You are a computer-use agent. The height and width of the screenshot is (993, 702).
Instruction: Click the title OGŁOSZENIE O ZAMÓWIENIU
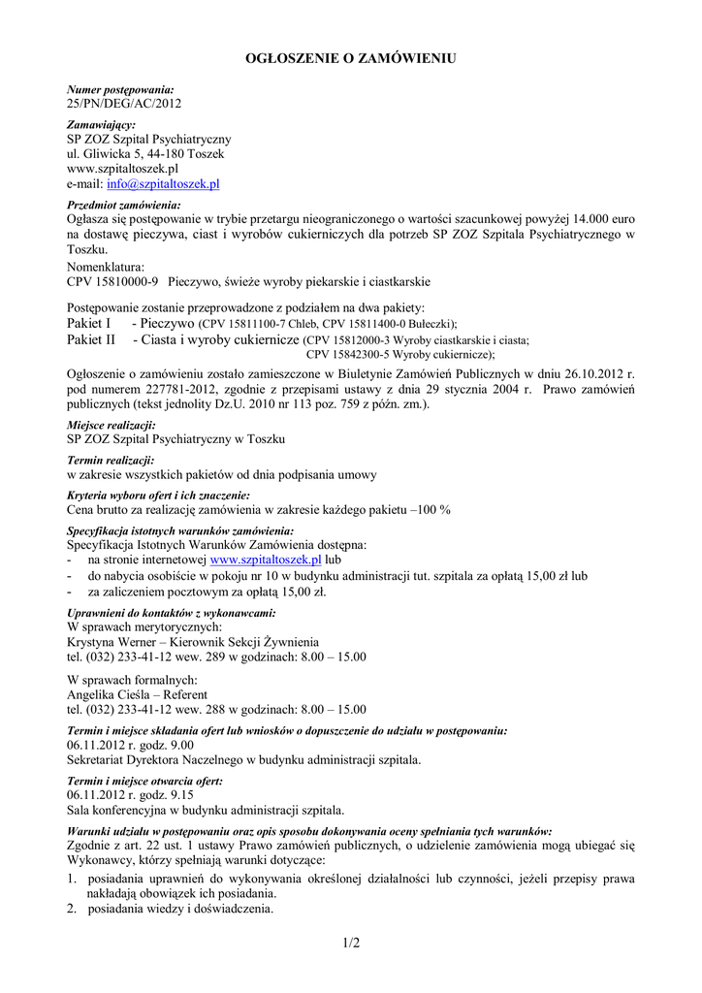click(350, 59)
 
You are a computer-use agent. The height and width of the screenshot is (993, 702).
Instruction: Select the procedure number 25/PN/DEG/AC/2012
click(123, 103)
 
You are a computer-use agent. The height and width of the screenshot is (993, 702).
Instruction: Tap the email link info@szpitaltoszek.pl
click(163, 183)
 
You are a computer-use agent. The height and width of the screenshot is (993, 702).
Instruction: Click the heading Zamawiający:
click(101, 125)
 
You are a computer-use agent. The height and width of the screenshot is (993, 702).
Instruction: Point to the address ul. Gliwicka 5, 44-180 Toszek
click(145, 154)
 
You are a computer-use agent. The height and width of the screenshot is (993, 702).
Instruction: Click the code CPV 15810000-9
click(112, 282)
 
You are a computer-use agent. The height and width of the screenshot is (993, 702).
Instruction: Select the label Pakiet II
click(91, 339)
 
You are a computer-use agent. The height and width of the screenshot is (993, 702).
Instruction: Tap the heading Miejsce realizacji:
click(112, 425)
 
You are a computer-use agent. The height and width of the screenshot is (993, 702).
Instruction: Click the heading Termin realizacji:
click(110, 460)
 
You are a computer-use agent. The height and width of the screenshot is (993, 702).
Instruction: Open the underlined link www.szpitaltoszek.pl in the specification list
click(265, 561)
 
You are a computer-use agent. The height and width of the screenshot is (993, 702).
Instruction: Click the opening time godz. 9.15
click(148, 794)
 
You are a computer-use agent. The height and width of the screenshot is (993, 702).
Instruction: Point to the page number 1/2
click(350, 943)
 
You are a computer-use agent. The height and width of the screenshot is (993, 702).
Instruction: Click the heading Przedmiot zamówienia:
click(123, 206)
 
